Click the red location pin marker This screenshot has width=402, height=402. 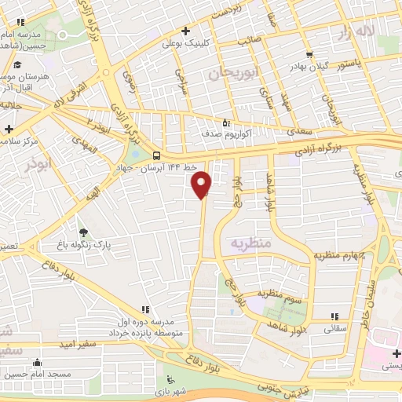point(203,183)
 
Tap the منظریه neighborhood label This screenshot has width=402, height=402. point(249,244)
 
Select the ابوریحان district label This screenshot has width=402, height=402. point(233,74)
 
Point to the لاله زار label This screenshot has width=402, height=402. point(354,31)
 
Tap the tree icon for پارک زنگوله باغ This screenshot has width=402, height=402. point(83,232)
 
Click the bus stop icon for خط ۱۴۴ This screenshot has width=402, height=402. point(156,155)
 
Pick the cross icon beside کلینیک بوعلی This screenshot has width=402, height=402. point(185,31)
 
